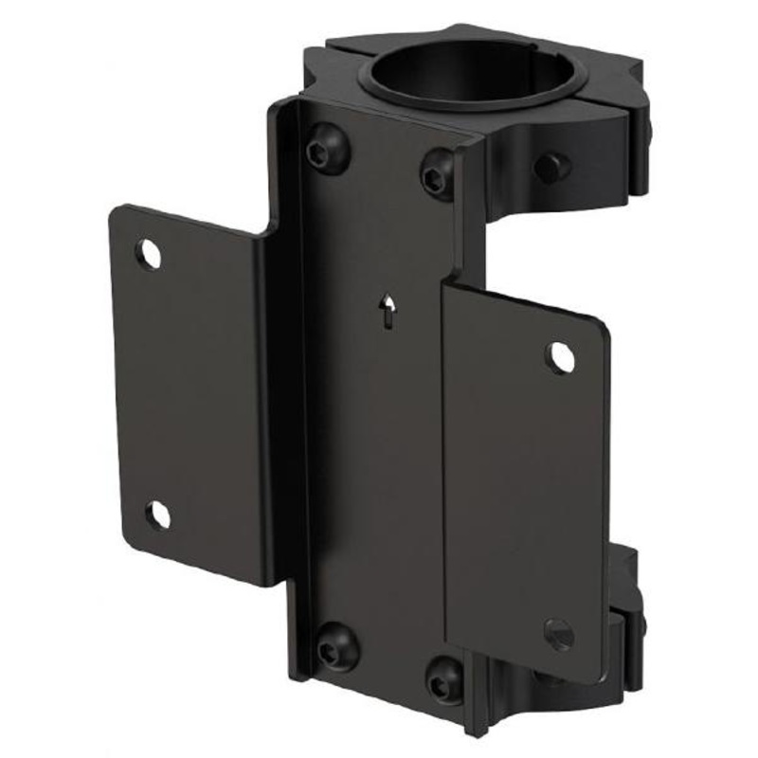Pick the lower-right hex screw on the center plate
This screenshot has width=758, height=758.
pyautogui.click(x=443, y=678)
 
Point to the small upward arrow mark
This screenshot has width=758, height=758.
pyautogui.click(x=387, y=311)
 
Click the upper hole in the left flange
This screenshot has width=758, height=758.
pyautogui.click(x=148, y=254)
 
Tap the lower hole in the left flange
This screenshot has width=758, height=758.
pyautogui.click(x=158, y=514)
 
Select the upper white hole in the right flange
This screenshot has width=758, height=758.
pyautogui.click(x=561, y=356)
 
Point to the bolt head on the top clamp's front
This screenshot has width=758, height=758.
pyautogui.click(x=552, y=167)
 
